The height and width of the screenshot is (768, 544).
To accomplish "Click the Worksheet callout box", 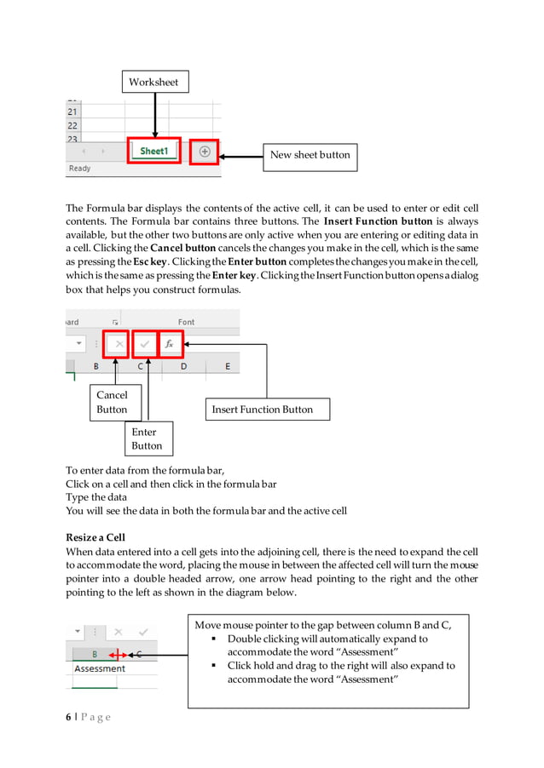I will (x=153, y=82).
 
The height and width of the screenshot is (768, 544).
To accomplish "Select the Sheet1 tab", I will (x=154, y=151).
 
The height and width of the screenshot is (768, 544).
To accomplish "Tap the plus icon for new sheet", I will (x=204, y=152).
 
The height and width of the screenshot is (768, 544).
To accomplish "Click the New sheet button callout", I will (x=310, y=156).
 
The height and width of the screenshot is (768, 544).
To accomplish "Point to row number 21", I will (x=72, y=112).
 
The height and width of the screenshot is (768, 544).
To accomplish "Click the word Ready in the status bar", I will (x=79, y=169).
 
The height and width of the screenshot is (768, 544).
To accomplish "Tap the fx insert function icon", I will (x=169, y=344).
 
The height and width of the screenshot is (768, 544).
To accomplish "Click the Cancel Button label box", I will (x=112, y=402).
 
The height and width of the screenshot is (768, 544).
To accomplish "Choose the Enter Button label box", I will (x=146, y=438).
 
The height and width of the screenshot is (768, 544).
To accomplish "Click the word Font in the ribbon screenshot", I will (x=186, y=322).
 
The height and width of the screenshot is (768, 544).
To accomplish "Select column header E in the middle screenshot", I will (x=227, y=366).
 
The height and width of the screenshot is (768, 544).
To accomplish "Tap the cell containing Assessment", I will (x=100, y=668).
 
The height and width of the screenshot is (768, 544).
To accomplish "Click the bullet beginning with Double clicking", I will (x=327, y=645).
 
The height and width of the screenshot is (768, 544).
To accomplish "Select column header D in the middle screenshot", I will (x=183, y=366).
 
